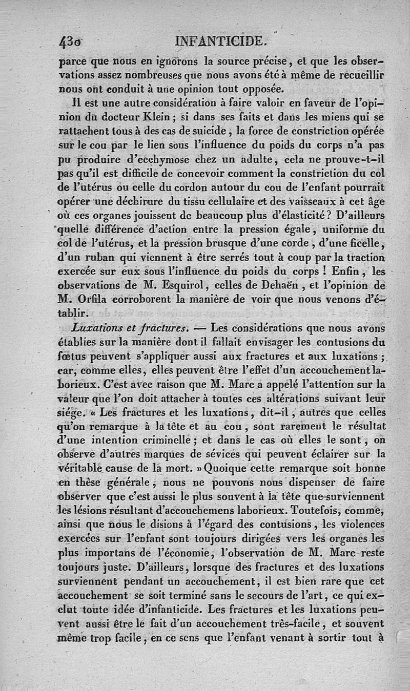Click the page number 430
[71, 41]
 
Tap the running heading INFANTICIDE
[221, 40]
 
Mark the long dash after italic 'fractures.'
[201, 326]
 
